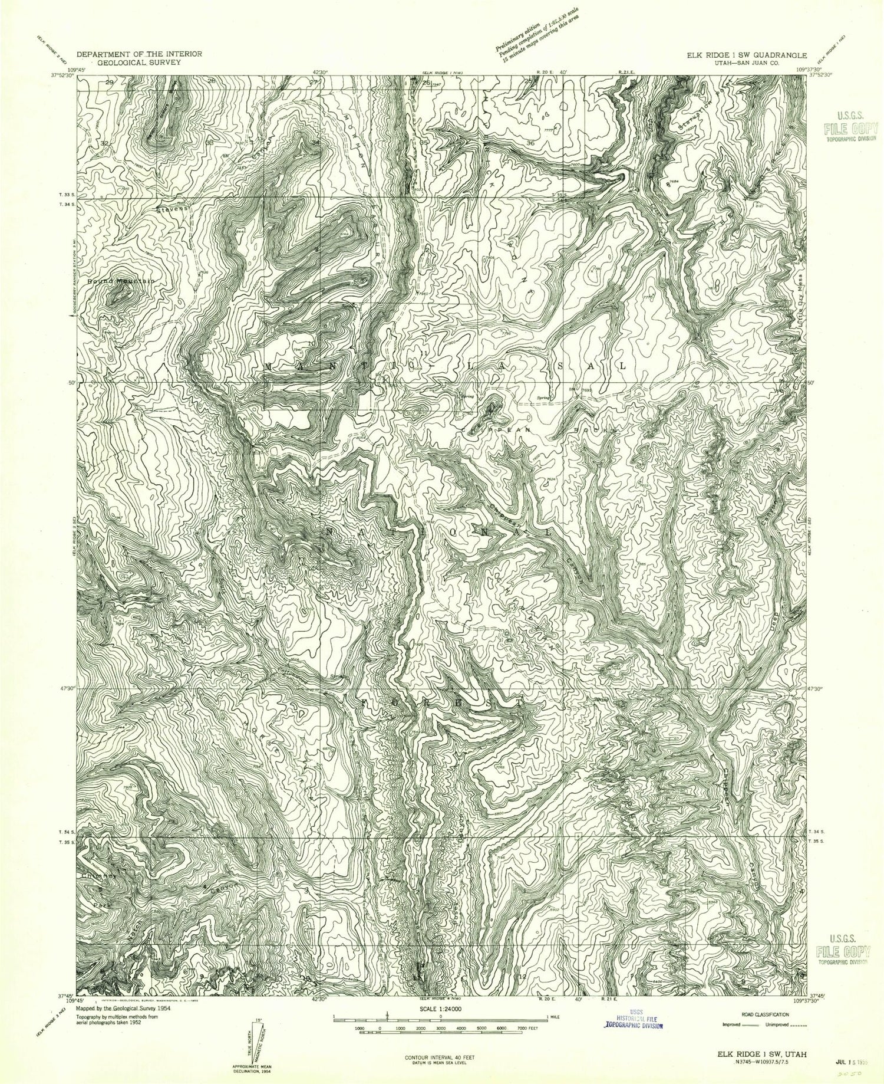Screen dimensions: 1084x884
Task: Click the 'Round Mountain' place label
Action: point(121,282)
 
